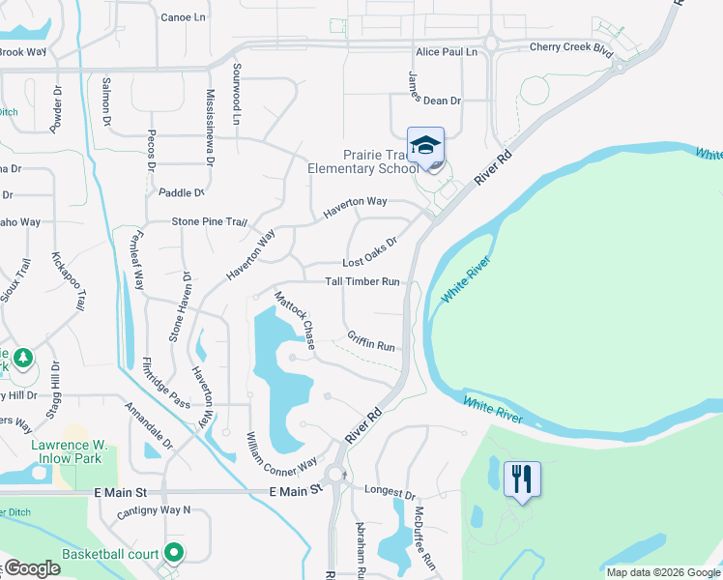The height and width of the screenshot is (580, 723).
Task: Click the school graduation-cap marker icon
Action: click(x=425, y=146)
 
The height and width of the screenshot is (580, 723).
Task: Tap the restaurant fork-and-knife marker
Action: click(x=522, y=478)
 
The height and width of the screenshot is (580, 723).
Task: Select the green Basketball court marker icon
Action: click(x=175, y=553)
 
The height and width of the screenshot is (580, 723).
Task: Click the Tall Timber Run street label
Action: click(x=362, y=282)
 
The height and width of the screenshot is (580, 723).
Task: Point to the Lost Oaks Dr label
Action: click(x=371, y=254)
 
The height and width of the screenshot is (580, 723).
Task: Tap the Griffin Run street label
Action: click(x=372, y=340)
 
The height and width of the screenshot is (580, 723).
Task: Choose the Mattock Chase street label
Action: click(x=296, y=320)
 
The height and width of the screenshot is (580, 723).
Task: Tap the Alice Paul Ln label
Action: click(x=447, y=51)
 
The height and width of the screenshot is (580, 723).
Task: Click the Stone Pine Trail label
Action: click(x=210, y=221)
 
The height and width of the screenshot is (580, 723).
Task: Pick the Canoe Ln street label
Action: click(x=184, y=17)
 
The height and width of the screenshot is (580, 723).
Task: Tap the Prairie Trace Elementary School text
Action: click(x=363, y=160)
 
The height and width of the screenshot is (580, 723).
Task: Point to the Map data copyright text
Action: click(x=663, y=572)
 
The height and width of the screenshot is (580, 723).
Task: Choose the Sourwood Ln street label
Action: click(x=236, y=95)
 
